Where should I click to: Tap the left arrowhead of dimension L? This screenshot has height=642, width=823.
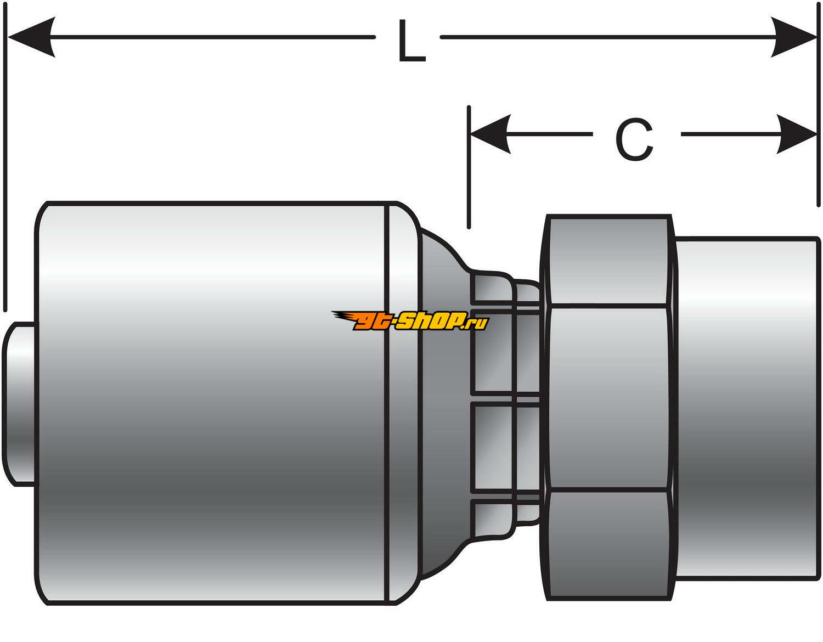point(30,37)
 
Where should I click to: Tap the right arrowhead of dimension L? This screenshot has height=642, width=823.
point(794,37)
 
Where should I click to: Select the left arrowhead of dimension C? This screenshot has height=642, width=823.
point(491,134)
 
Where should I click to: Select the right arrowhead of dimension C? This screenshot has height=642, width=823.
point(797,134)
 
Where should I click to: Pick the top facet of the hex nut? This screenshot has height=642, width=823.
point(607,261)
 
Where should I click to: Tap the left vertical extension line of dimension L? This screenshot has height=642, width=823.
point(5,165)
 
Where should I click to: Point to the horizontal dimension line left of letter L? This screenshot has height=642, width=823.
point(208,37)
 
